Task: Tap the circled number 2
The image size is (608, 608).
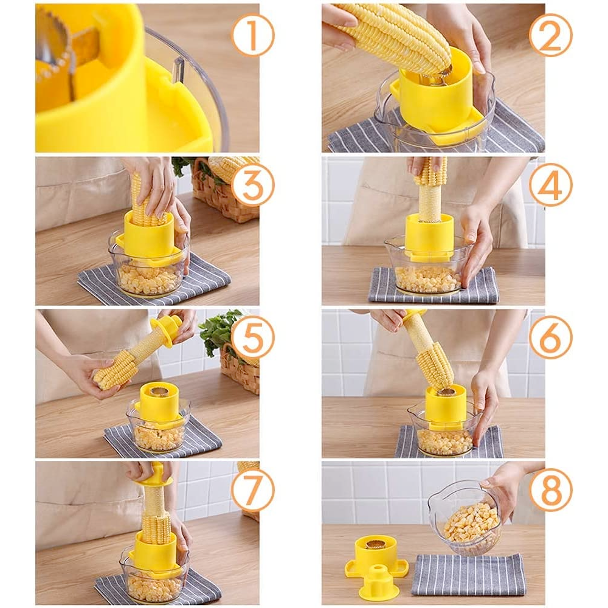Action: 550,35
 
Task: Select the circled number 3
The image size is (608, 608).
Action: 252,185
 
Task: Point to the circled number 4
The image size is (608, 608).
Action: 550,185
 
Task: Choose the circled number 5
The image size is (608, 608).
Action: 252,337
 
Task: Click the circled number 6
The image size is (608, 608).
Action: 550,337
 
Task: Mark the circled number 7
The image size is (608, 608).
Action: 252,489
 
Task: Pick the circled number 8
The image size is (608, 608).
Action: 550,489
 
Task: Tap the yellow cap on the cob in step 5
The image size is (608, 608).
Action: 165,328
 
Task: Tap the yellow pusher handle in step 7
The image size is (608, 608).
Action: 152,474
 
